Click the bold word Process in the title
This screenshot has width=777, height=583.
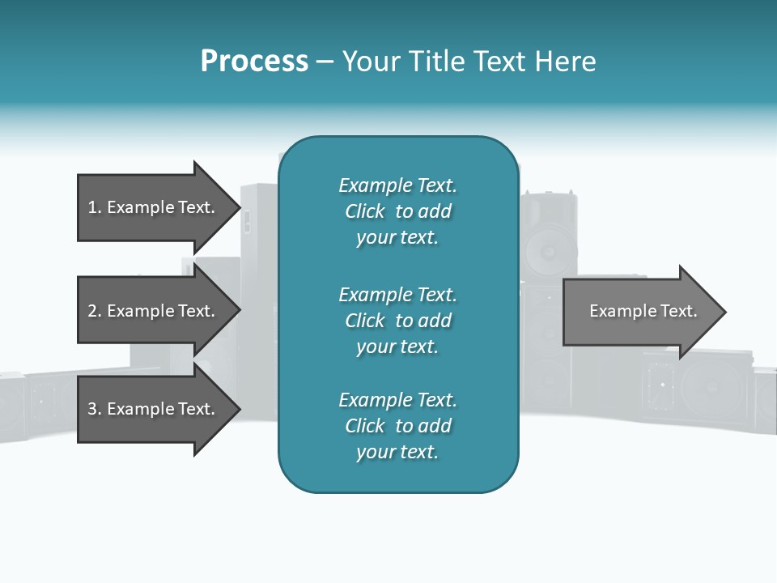pos(254,62)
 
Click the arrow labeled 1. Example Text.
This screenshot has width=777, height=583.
pos(151,207)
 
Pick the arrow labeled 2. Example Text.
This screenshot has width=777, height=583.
pos(151,311)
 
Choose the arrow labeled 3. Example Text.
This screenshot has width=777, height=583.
pos(151,409)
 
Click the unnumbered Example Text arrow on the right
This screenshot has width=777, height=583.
pos(643,311)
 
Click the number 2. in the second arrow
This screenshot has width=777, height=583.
pos(94,311)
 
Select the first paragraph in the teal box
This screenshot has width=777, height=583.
pos(397,211)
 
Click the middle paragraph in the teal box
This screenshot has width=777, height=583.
pos(397,321)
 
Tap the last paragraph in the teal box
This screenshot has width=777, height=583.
pos(397,426)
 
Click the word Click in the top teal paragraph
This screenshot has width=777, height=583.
pos(365,211)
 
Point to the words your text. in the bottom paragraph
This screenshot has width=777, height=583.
pos(397,452)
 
